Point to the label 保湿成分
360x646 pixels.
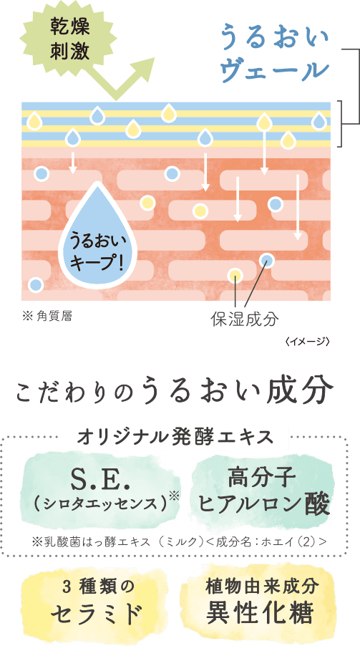click(x=245, y=319)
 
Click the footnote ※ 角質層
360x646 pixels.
click(x=47, y=317)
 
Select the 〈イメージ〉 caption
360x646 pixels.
click(x=307, y=341)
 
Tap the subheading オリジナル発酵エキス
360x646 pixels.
click(x=175, y=437)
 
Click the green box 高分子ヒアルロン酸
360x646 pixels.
click(x=263, y=492)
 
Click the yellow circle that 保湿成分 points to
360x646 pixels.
click(x=235, y=275)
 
